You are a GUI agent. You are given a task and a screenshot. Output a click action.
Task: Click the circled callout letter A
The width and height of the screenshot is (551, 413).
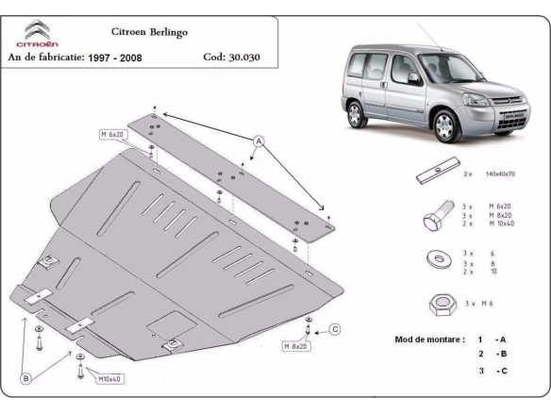(x=256, y=141)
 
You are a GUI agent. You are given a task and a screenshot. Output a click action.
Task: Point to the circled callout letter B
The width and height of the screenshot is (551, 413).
(x=25, y=378)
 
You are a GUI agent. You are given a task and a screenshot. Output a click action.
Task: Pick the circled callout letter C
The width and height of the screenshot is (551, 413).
(x=334, y=329)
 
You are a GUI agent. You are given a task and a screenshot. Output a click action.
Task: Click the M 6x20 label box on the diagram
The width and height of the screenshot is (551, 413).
(x=114, y=136)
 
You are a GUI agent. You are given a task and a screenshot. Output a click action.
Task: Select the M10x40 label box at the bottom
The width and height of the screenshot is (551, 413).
(x=111, y=378)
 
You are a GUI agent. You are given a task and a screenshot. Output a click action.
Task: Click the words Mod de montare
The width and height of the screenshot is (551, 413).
(x=426, y=339)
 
